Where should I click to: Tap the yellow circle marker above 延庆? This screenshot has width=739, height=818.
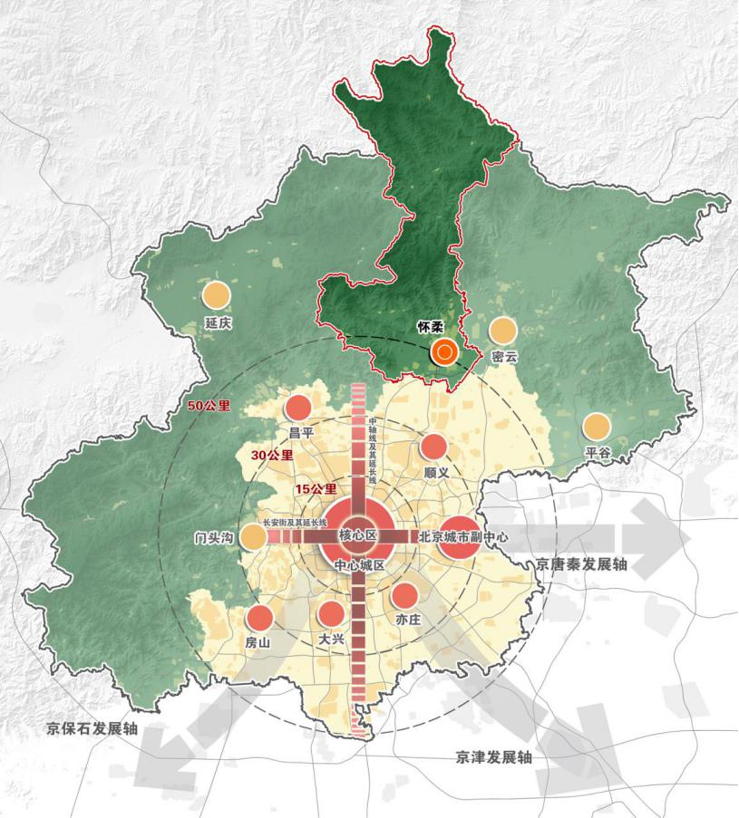pos(216,295)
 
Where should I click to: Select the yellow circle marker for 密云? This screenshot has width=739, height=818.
pos(502,332)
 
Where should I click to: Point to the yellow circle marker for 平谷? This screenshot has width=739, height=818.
pos(596,427)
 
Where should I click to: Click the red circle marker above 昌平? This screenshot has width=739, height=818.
pos(298,409)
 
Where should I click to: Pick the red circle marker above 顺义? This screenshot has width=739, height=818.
pos(434,447)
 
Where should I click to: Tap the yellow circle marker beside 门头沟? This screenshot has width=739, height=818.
pos(253,536)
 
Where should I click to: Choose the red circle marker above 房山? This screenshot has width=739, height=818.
pos(260,618)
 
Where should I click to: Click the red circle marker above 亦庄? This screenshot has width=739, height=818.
pos(404,595)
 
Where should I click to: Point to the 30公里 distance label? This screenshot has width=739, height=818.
pos(271,455)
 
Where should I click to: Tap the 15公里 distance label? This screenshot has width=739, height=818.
pos(316,489)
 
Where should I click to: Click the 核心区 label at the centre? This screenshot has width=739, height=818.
pos(357,535)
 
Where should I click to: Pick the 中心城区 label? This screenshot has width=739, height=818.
pos(360,564)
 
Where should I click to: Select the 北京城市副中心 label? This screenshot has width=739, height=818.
pos(463,537)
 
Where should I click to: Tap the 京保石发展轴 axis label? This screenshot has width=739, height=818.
pos(92,728)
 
